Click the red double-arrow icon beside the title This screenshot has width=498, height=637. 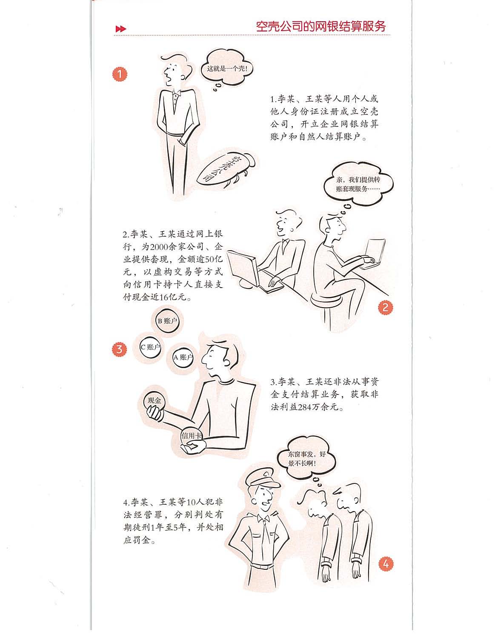click(120, 29)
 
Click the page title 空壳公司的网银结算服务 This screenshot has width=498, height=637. click(321, 26)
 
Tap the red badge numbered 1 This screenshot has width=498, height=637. click(119, 74)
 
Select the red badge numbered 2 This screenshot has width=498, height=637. click(385, 308)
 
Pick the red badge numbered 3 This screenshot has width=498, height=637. click(119, 349)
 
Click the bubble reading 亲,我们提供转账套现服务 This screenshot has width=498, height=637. click(358, 183)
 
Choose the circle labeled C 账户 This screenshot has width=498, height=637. click(151, 347)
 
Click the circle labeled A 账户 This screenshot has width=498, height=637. click(183, 357)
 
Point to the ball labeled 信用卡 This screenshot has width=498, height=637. click(192, 436)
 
